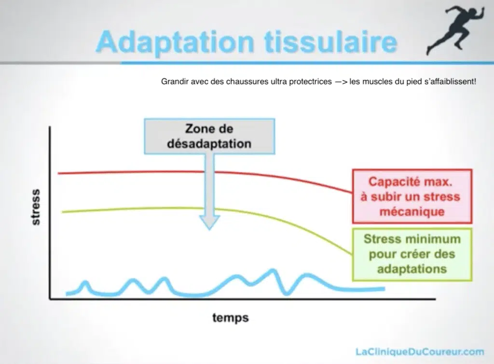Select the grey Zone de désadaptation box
(209, 136)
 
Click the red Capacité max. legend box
(412, 196)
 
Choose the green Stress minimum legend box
(412, 254)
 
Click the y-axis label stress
(36, 207)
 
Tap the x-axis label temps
(231, 317)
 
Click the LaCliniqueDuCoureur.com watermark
(420, 351)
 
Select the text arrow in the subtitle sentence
(341, 82)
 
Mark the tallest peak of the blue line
(273, 270)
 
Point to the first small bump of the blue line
(84, 282)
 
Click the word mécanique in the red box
(412, 211)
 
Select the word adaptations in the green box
(412, 269)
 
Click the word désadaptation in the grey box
(209, 144)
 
